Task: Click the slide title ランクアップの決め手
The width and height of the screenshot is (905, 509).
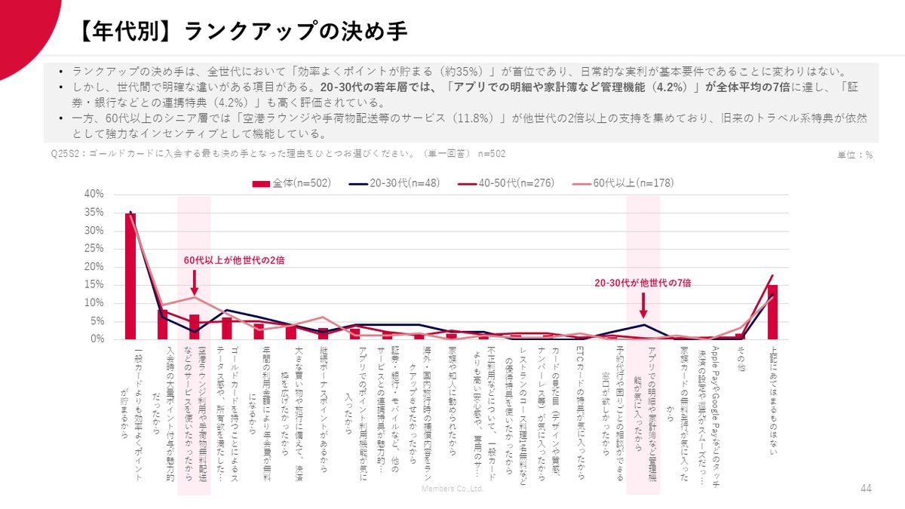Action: [x=243, y=32]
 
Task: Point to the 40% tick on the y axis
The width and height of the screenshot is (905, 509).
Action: [x=94, y=195]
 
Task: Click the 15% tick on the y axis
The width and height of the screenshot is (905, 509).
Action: [x=94, y=285]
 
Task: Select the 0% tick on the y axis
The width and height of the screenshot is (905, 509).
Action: [x=97, y=339]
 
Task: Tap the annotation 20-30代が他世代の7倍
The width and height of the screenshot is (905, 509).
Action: [x=643, y=283]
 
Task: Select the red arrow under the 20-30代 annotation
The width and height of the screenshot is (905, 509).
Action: [x=643, y=307]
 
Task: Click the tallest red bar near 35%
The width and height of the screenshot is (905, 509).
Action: [x=130, y=276]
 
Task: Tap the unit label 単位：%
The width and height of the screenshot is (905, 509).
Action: [x=854, y=155]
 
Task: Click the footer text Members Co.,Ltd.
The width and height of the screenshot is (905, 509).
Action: [x=452, y=489]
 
